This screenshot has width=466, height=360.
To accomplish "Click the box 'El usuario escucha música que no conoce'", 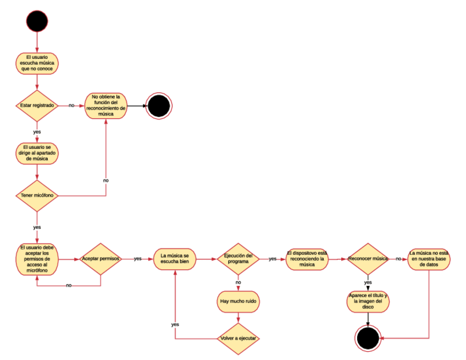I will pyautogui.click(x=37, y=63).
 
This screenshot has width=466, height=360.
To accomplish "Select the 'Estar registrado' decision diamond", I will pyautogui.click(x=37, y=105).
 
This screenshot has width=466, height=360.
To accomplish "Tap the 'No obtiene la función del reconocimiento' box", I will pyautogui.click(x=106, y=105).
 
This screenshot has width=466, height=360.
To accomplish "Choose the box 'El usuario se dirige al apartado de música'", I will pyautogui.click(x=37, y=153).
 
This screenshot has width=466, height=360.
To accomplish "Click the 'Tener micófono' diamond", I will pyautogui.click(x=37, y=196).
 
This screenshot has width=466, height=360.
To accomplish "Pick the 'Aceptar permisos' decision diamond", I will pyautogui.click(x=101, y=258).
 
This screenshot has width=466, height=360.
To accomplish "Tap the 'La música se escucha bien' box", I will pyautogui.click(x=175, y=259).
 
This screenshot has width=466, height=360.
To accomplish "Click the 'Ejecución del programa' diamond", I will pyautogui.click(x=238, y=258).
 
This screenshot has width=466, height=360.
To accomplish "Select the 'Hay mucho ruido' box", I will pyautogui.click(x=238, y=301).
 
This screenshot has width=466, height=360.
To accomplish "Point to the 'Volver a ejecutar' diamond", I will pyautogui.click(x=238, y=337).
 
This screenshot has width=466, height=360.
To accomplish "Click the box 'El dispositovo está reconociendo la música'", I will pyautogui.click(x=307, y=258).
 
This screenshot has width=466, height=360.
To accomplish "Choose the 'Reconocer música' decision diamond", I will pyautogui.click(x=368, y=258).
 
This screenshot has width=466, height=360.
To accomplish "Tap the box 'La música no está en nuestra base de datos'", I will pyautogui.click(x=429, y=258).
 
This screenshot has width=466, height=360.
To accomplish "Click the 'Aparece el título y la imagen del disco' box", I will pyautogui.click(x=368, y=301).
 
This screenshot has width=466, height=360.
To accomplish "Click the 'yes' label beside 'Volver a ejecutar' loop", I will pyautogui.click(x=175, y=324).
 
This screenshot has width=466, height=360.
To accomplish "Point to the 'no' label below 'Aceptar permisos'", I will pyautogui.click(x=69, y=285).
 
